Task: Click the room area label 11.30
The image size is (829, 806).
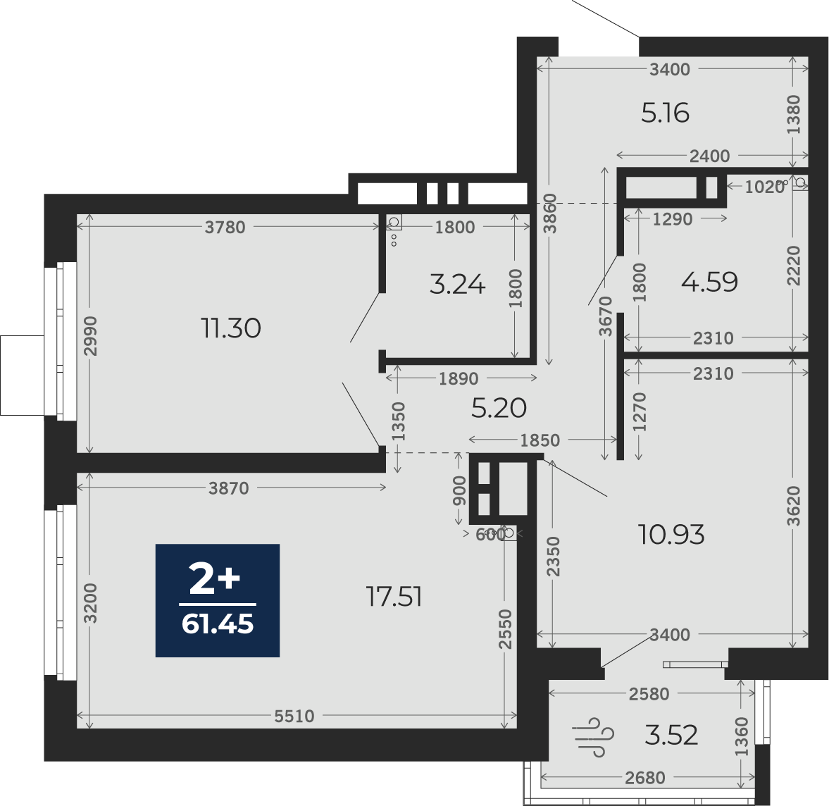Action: tap(231, 328)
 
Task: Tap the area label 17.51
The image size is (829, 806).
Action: tap(394, 597)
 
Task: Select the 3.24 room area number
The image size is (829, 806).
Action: tap(457, 285)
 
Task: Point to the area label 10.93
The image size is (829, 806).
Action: tap(671, 534)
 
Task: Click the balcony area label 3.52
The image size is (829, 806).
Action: tap(671, 735)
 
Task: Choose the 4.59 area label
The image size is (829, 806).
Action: tap(709, 282)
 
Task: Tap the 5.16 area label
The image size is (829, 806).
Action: tap(665, 113)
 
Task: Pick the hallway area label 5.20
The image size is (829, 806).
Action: tap(499, 408)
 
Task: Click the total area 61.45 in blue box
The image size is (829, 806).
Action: tap(218, 624)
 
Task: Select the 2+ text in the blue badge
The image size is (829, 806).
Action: tap(215, 580)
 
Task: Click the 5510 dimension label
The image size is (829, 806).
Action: tap(294, 716)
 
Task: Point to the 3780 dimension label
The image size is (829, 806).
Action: tap(225, 227)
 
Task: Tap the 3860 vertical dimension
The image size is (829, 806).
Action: tap(550, 213)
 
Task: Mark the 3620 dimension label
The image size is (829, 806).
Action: tap(794, 506)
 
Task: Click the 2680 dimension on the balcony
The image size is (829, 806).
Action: tap(645, 777)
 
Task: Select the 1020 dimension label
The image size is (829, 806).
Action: tap(764, 187)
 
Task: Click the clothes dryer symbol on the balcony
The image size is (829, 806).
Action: tap(592, 737)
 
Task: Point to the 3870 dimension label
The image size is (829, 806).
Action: tap(228, 488)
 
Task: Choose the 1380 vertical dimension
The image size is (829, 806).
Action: tap(794, 114)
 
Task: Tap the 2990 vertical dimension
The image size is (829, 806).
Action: tap(90, 336)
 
